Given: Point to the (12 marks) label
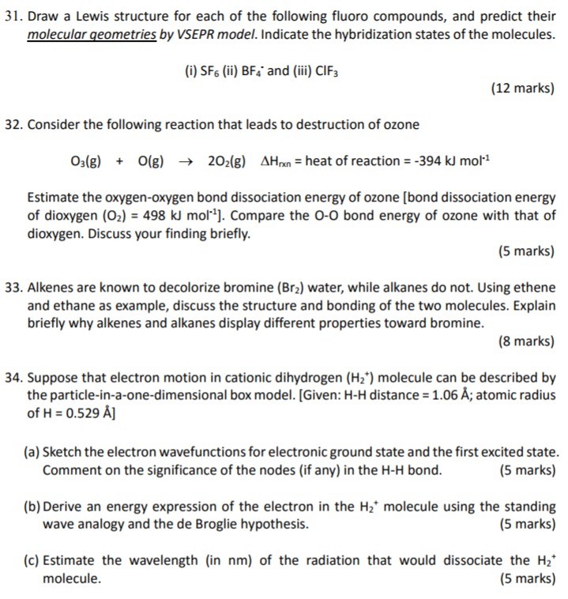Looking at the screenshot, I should click(522, 88).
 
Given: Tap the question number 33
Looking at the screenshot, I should click(13, 288).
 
